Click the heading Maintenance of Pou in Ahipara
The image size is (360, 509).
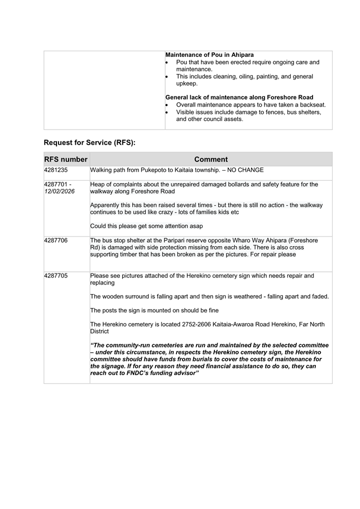click(x=209, y=55)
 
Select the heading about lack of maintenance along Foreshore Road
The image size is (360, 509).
click(x=239, y=97)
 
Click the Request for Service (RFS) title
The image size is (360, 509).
click(x=89, y=142)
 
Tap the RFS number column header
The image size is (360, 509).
click(x=66, y=159)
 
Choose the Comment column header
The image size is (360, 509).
click(x=210, y=159)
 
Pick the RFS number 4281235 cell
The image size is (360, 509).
click(x=57, y=170)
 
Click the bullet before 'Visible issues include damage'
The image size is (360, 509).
click(x=167, y=112)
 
